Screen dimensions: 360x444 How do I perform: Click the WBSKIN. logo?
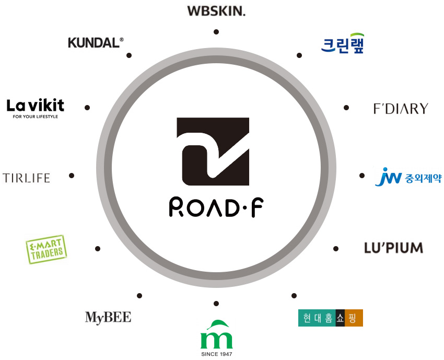click(x=216, y=10)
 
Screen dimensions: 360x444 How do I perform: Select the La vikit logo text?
click(x=35, y=105)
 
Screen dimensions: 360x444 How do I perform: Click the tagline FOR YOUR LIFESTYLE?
click(x=35, y=117)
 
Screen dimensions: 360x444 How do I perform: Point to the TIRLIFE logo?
click(x=26, y=178)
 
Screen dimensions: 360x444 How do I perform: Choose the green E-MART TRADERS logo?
click(x=46, y=249)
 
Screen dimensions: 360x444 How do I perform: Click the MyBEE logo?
click(x=108, y=317)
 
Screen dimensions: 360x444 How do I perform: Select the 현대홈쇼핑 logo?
click(x=330, y=318)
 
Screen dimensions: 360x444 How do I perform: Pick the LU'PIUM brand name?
click(x=393, y=248)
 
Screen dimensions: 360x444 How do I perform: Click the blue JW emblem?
click(x=388, y=177)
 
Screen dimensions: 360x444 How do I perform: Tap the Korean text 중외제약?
click(x=423, y=179)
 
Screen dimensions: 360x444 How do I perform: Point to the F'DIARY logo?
click(x=401, y=109)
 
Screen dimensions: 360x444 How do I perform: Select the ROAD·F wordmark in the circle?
click(x=216, y=207)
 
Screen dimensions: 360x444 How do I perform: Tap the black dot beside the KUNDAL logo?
click(x=129, y=55)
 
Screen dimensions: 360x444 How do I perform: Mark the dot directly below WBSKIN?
click(x=216, y=32)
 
